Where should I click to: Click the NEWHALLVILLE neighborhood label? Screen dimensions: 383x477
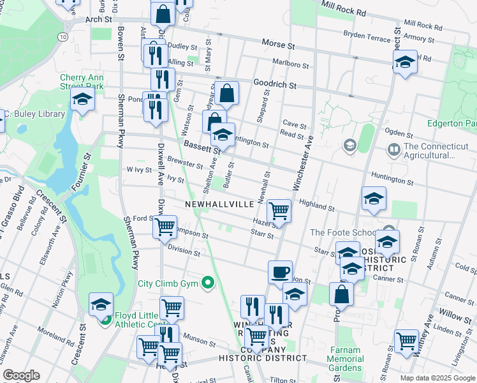[x=220, y=204]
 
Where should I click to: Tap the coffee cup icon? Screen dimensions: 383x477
[x=280, y=272]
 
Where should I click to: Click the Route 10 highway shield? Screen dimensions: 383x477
[x=62, y=37]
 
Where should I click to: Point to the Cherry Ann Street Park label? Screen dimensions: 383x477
[x=82, y=81]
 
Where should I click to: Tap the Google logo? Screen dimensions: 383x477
[x=21, y=375]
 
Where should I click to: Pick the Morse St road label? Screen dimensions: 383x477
[x=278, y=45]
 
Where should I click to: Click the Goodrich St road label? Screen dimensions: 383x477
[x=275, y=84]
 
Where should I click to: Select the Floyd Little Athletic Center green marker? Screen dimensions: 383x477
[x=107, y=319]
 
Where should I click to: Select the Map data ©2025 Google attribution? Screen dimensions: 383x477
[x=437, y=378]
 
